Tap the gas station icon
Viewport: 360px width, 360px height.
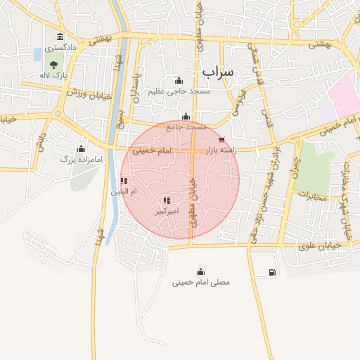point(272,272)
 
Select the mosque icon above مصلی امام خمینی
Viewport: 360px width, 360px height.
point(202,271)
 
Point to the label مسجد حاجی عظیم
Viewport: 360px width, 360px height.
point(179,91)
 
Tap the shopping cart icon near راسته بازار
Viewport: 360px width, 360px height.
point(223,140)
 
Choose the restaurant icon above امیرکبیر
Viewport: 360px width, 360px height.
point(166,200)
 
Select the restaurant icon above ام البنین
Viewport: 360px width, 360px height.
point(124,181)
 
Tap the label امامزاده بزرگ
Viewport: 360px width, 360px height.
point(82,160)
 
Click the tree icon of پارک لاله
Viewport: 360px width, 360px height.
point(54,65)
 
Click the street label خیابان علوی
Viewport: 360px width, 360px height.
point(319,245)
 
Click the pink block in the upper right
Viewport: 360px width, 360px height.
point(345,95)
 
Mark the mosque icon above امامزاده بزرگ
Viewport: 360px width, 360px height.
point(81,148)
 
